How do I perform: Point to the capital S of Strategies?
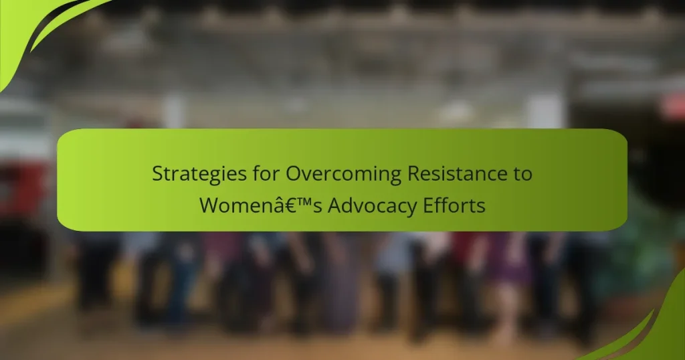pyautogui.click(x=157, y=174)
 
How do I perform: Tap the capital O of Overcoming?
pyautogui.click(x=294, y=174)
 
